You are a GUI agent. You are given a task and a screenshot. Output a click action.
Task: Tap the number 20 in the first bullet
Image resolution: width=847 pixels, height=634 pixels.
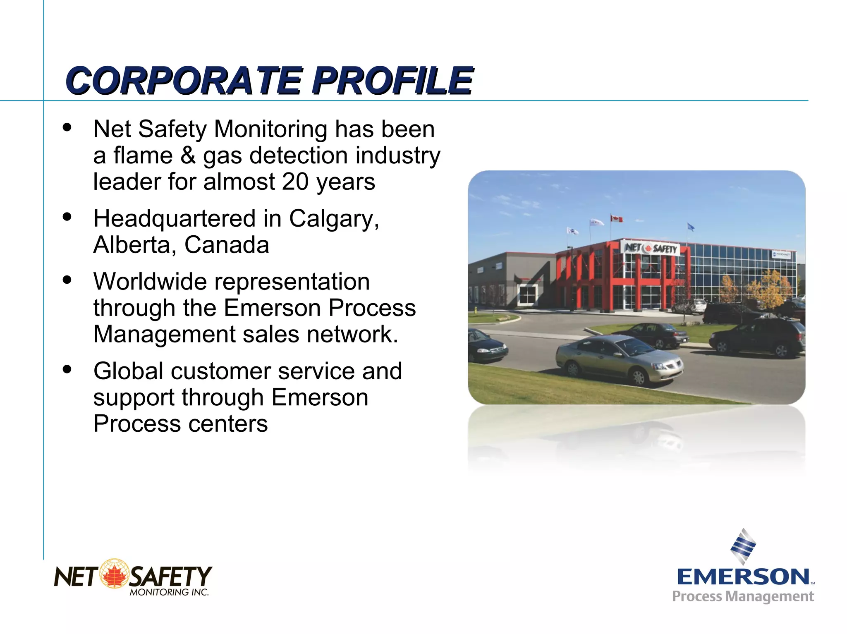point(295,182)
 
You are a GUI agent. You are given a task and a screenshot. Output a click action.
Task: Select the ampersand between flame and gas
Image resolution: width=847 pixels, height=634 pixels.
point(188,156)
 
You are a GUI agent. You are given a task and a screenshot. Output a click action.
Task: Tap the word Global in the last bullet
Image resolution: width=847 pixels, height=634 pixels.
point(129,371)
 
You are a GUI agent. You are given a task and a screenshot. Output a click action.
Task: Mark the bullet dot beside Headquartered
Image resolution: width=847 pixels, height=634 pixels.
point(67,216)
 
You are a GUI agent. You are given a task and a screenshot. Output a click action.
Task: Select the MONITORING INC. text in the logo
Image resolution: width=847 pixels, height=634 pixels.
point(169,592)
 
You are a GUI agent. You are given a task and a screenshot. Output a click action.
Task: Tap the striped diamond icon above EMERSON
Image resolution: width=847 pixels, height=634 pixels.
point(743,546)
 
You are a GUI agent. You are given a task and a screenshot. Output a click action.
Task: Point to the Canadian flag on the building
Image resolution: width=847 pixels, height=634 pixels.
point(617,218)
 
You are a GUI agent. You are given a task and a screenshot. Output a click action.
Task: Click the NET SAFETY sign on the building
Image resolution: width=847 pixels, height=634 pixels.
point(651,248)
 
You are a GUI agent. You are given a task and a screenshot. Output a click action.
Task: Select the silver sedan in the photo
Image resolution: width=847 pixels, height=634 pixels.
point(618,358)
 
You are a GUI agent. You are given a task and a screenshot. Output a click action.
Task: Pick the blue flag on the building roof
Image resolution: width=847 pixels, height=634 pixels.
point(690,227)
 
